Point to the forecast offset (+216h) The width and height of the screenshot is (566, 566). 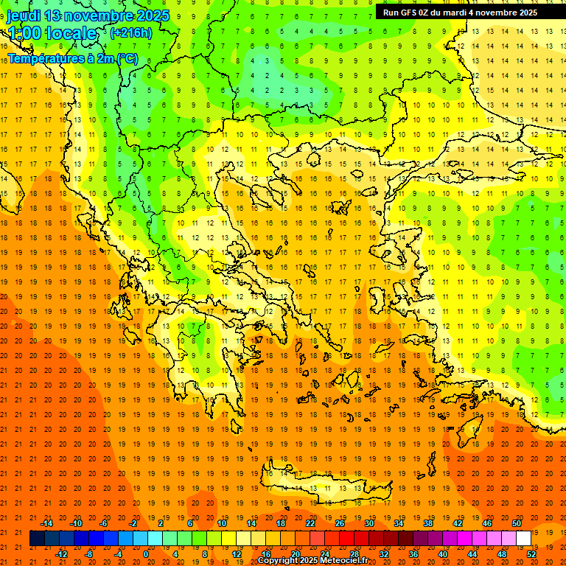[x=131, y=33]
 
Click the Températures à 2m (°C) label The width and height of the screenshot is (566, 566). [x=72, y=58]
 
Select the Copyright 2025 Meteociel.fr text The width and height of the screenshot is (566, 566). [x=312, y=560]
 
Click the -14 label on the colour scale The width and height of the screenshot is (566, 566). [x=46, y=523]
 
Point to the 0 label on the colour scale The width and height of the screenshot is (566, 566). [x=145, y=554]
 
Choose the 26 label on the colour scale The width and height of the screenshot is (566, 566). [x=340, y=523]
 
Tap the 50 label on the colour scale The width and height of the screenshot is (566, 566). [x=517, y=523]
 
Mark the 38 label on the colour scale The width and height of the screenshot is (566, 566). [x=428, y=523]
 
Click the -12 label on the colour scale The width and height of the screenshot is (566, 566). [x=61, y=554]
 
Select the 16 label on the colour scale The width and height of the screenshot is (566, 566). [x=265, y=554]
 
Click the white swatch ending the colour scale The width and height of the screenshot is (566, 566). [x=523, y=539]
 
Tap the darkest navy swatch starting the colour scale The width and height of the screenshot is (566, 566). [x=37, y=539]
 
